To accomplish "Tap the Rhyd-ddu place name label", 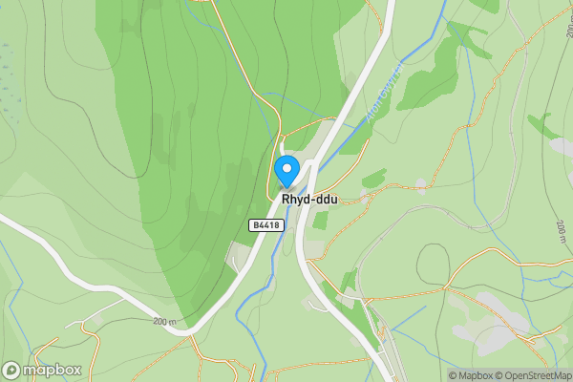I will point(309,200).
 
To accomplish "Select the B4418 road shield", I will point(265,225).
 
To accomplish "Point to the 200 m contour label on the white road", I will point(164,322).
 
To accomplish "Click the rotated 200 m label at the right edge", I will point(562,229).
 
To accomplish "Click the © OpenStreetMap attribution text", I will point(537,375).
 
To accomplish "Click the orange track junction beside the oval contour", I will point(445,286).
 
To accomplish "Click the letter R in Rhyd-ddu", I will point(286,200).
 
